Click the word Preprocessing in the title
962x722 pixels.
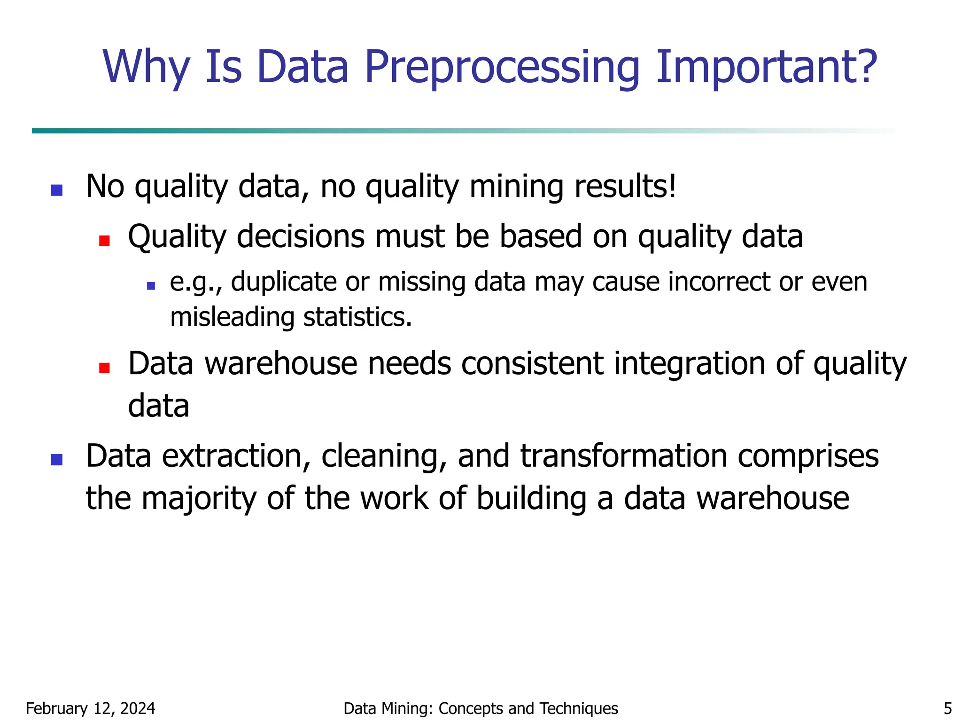(502, 68)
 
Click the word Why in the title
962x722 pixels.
(146, 68)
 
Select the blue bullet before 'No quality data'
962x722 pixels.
(57, 190)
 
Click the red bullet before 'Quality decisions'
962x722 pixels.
(104, 241)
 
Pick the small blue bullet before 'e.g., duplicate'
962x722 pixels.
(151, 285)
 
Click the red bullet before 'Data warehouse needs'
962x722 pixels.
(104, 368)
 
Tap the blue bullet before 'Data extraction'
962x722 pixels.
(57, 459)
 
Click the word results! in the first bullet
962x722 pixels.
(625, 187)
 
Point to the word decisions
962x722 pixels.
(301, 236)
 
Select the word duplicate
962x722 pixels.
(284, 282)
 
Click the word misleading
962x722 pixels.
(232, 317)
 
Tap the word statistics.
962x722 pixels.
(357, 317)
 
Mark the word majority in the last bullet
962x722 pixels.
(199, 498)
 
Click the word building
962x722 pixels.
(531, 498)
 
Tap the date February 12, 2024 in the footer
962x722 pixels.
(90, 708)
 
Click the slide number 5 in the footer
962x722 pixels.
(947, 708)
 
